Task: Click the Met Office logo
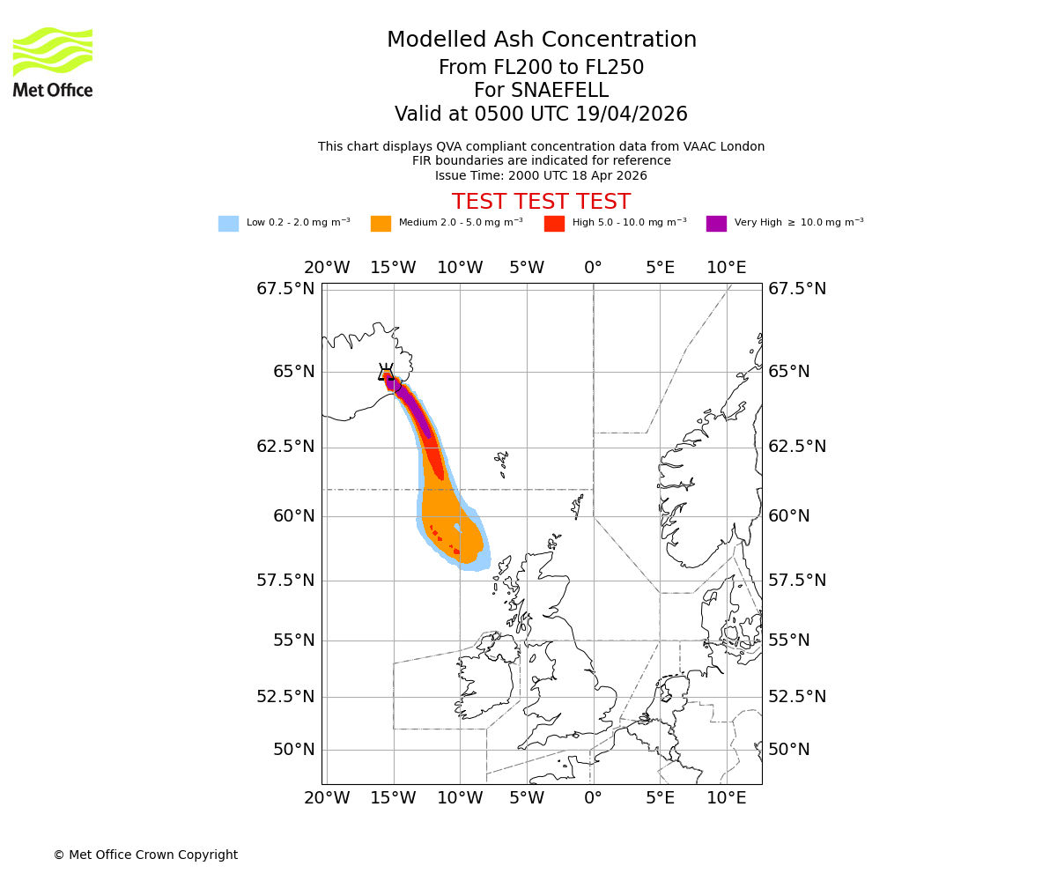point(53,62)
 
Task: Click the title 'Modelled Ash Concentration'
point(541,41)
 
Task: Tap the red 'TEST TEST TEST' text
point(541,202)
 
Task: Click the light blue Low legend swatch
point(228,224)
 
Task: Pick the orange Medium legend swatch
point(381,224)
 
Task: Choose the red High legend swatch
point(554,224)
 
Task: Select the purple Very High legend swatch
point(716,224)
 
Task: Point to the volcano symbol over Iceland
point(386,373)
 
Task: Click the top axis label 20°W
point(327,268)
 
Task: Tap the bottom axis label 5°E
point(660,798)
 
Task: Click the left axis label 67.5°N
point(285,289)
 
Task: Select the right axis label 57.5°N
point(797,581)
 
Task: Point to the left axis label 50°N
point(293,750)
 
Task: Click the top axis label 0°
point(593,268)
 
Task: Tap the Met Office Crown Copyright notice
point(145,855)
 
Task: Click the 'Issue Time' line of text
point(541,175)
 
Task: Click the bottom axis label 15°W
point(393,798)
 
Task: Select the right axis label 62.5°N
point(797,447)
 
